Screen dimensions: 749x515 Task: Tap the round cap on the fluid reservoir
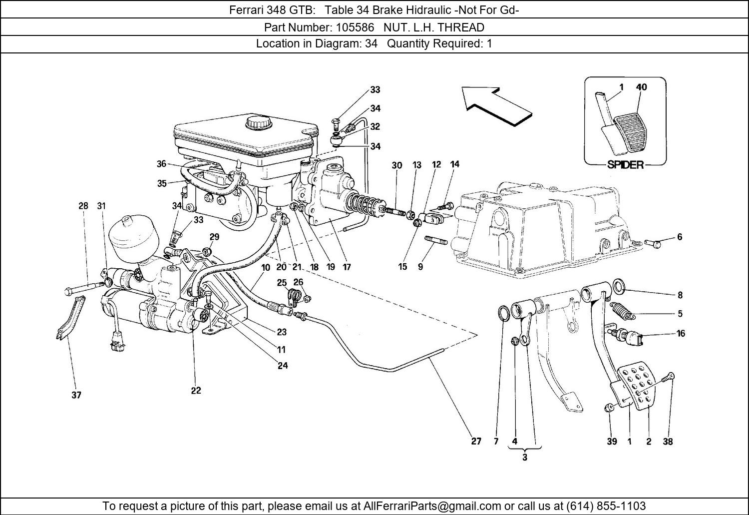(257, 122)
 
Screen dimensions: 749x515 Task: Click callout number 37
(76, 395)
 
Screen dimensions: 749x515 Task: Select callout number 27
(476, 442)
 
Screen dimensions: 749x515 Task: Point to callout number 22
(196, 391)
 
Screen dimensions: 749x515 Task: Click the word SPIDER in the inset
(625, 165)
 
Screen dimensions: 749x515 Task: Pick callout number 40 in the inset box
(641, 87)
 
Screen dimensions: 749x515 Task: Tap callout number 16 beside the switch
(681, 333)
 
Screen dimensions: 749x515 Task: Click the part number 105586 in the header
(355, 27)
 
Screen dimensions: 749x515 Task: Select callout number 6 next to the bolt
(680, 237)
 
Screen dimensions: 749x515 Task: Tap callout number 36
(161, 164)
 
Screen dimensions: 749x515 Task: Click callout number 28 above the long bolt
(83, 206)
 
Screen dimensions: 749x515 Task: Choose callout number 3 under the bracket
(525, 457)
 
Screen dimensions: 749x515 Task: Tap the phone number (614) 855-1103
(606, 506)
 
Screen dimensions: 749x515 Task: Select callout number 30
(397, 165)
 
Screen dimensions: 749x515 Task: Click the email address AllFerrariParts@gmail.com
(432, 506)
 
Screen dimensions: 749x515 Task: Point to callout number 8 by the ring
(680, 295)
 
